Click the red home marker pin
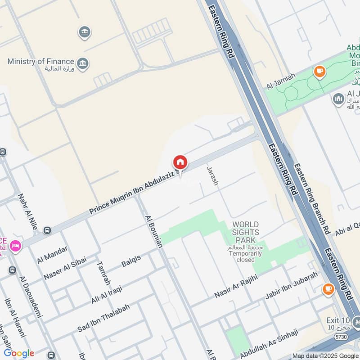(180, 162)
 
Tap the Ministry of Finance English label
(40, 61)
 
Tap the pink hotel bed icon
(16, 246)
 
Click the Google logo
(19, 353)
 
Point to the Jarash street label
(212, 175)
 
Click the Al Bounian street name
(153, 231)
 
